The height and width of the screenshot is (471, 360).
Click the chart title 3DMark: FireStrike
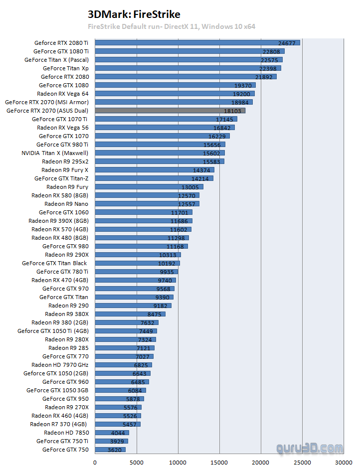click(x=134, y=14)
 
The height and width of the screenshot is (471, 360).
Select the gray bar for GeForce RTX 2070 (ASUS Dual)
click(x=170, y=111)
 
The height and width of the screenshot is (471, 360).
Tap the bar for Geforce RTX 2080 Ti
click(x=197, y=43)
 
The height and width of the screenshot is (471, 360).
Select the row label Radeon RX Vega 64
click(x=63, y=94)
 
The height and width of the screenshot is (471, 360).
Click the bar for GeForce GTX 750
click(x=110, y=450)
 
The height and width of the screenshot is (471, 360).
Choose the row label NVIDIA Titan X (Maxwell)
click(x=55, y=153)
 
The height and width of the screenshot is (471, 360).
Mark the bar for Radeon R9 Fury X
click(x=154, y=170)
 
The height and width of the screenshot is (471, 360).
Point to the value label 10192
click(x=168, y=263)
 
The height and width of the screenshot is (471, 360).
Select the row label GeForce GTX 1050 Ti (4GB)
click(x=53, y=331)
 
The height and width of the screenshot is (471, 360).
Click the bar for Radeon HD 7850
click(x=111, y=433)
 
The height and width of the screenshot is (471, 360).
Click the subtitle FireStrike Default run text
click(x=171, y=26)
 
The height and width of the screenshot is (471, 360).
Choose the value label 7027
click(x=144, y=356)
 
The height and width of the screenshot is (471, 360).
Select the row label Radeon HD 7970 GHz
click(x=60, y=365)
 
